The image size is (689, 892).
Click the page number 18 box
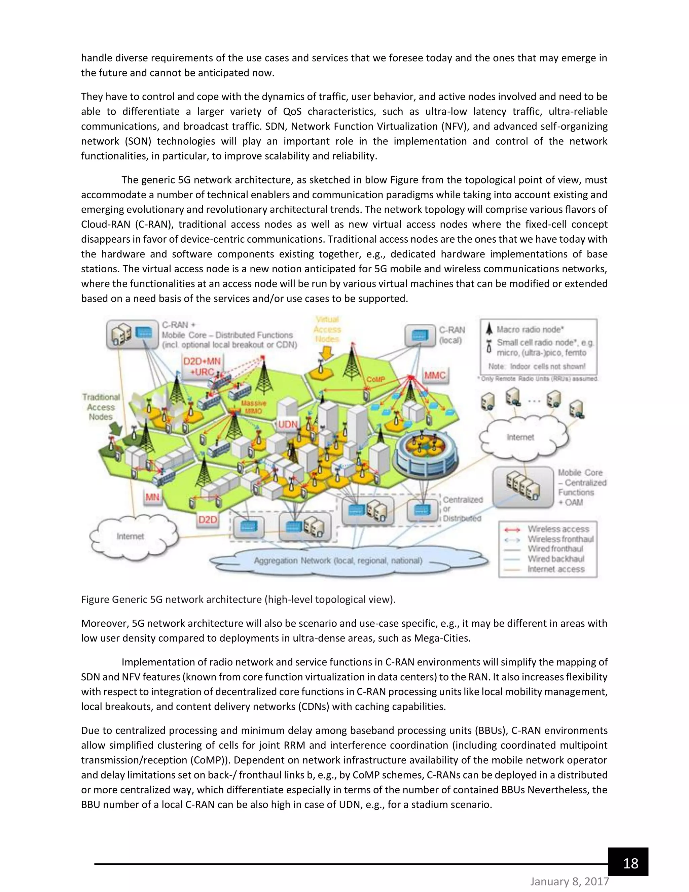pos(628,863)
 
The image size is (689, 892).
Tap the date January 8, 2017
pos(570,881)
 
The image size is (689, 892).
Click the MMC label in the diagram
pos(435,375)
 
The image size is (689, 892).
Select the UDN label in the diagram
pos(288,424)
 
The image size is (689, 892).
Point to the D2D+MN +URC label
pos(202,366)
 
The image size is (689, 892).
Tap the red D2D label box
pos(207,519)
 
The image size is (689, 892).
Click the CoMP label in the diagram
pos(375,379)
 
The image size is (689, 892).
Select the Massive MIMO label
pos(253,407)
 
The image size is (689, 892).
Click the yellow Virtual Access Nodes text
pos(327,329)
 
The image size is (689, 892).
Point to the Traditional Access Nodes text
pos(101,407)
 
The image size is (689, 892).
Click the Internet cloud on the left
pos(130,536)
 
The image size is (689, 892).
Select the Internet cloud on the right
pos(520,437)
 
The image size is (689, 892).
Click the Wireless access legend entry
pos(558,529)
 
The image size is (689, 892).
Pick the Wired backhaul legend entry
pos(555,559)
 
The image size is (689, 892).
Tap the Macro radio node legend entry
pos(530,329)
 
